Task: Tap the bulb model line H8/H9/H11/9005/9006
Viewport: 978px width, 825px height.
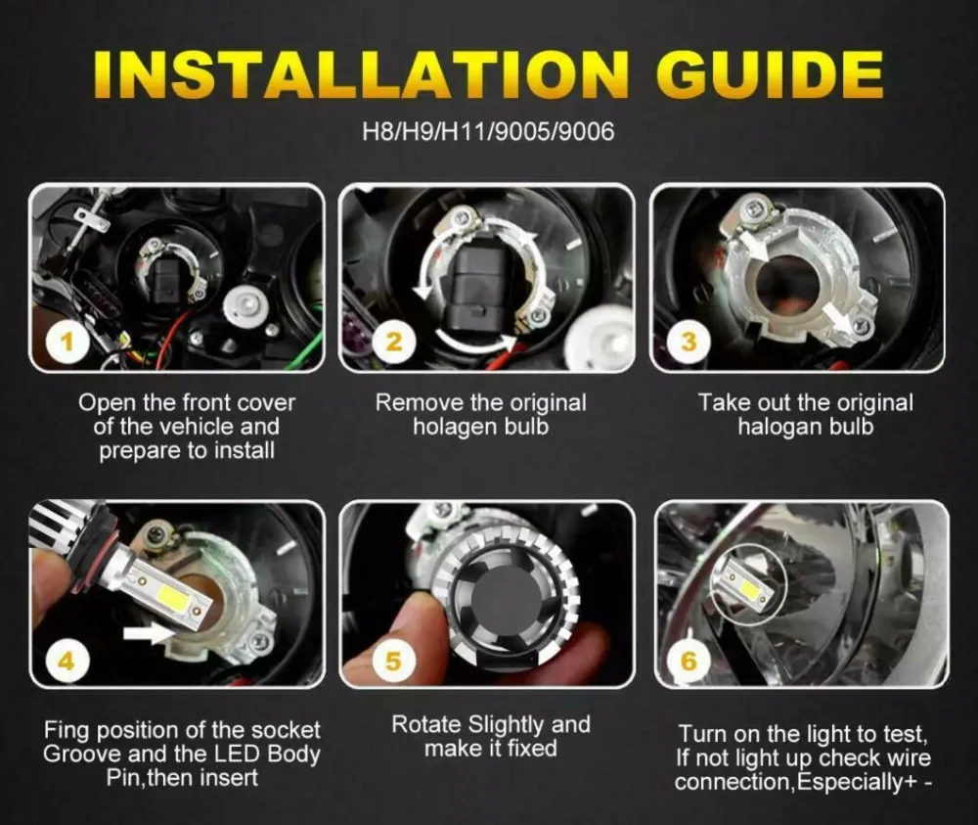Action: pos(488,132)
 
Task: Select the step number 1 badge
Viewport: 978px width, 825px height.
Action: pos(67,342)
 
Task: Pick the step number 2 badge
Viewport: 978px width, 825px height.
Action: pos(393,342)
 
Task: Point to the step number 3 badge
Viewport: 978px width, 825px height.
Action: pos(689,342)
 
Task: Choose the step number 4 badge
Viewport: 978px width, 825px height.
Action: pos(67,661)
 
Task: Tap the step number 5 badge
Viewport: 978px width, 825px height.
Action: pos(393,661)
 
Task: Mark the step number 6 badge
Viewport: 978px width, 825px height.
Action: pos(689,661)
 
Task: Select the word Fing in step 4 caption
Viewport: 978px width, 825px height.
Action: pos(67,730)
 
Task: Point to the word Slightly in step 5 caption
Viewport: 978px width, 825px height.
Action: pos(506,725)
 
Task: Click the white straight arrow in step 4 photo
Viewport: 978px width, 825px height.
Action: pos(150,633)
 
